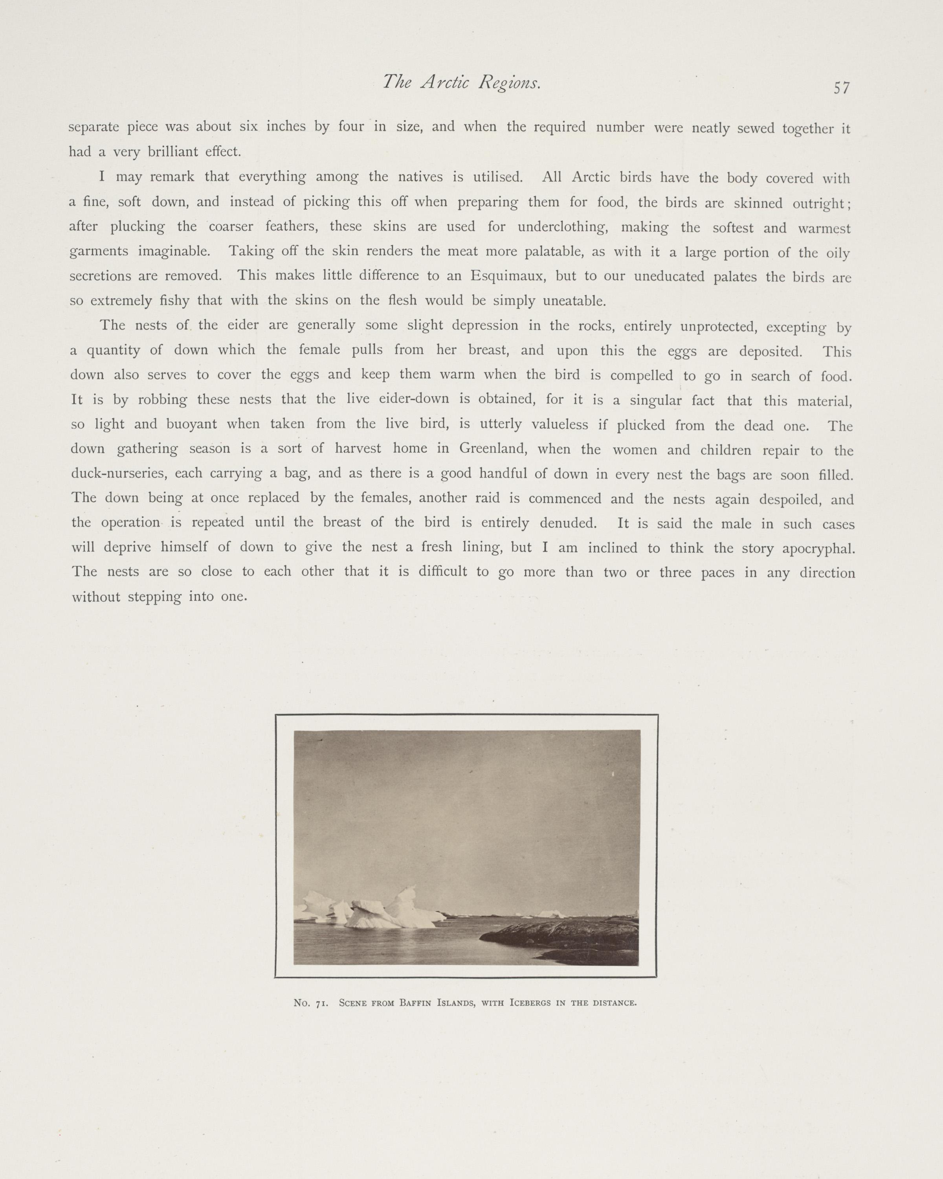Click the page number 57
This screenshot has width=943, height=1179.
[x=841, y=88]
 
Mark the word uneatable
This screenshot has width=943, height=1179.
[x=574, y=301]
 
